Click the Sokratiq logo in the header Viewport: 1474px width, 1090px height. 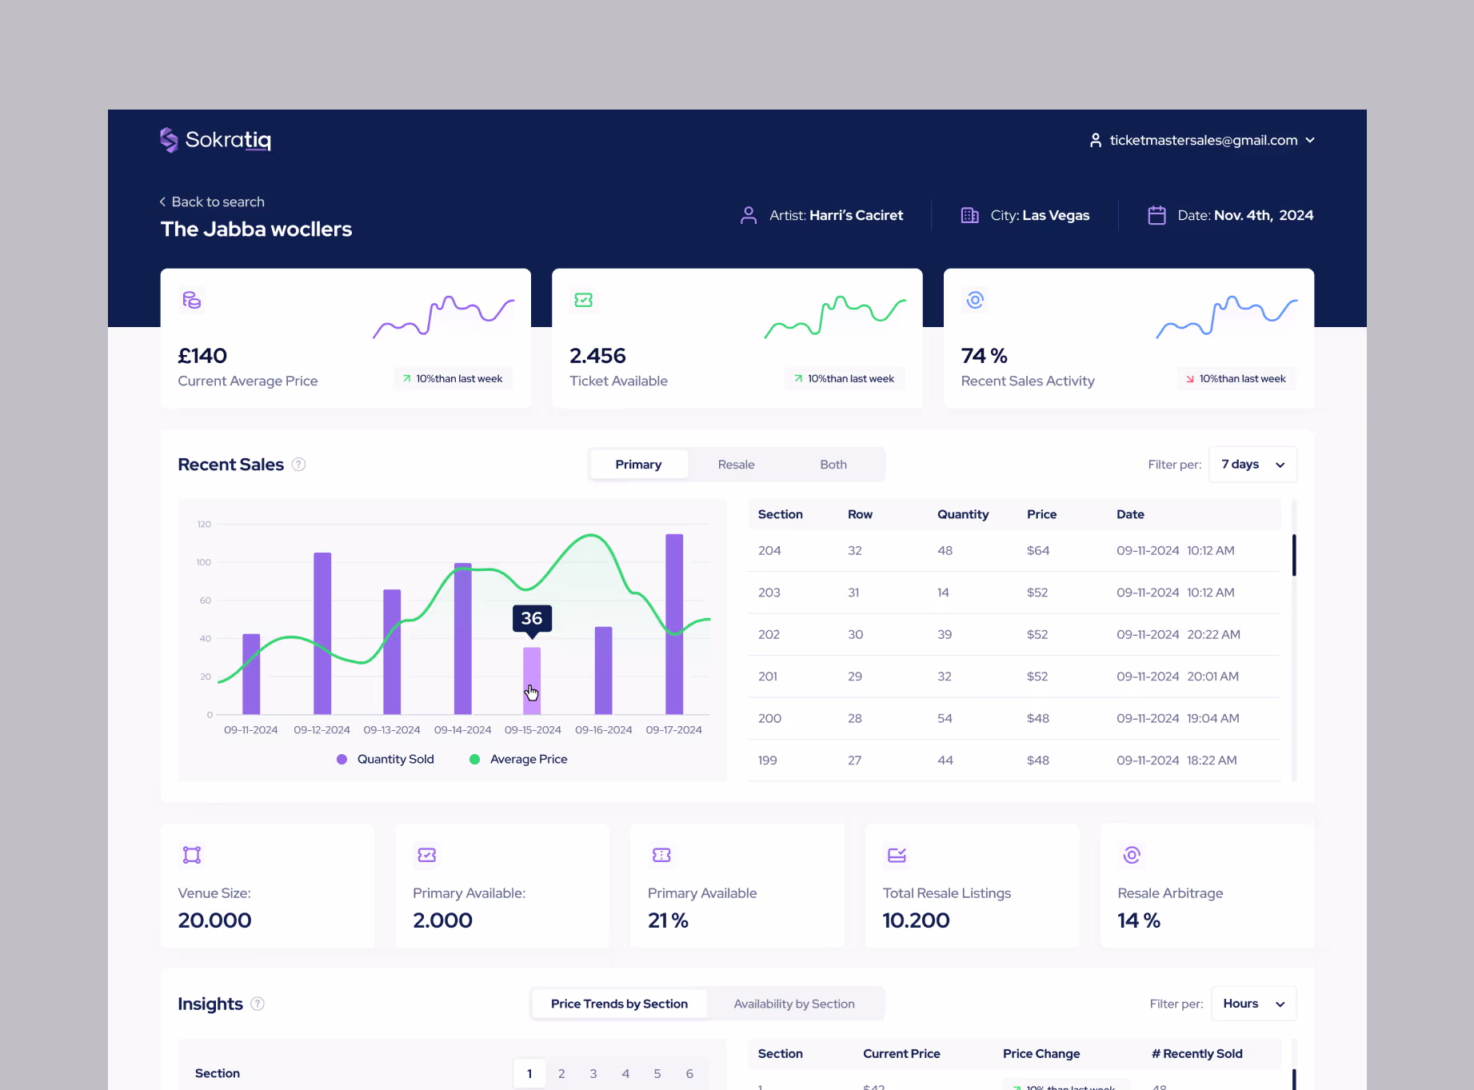(x=215, y=140)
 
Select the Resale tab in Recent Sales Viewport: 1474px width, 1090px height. (x=736, y=465)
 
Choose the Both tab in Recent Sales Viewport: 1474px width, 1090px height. (x=833, y=465)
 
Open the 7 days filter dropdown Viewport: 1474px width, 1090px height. (x=1252, y=465)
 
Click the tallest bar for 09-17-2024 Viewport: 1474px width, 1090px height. (x=674, y=624)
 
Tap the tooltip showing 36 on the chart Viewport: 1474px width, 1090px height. (x=532, y=618)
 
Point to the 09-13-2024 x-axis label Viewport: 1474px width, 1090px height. (x=392, y=730)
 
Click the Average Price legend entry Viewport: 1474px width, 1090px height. (x=528, y=759)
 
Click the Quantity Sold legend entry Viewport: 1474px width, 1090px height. (x=394, y=759)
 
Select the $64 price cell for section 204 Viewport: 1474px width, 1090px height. (x=1037, y=550)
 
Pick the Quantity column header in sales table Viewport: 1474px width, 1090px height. (x=962, y=514)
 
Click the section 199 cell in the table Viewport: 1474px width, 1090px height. (x=767, y=761)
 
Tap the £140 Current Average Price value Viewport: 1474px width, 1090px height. (x=202, y=356)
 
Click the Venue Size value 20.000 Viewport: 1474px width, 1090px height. (x=214, y=920)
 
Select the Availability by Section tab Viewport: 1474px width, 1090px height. (x=793, y=1004)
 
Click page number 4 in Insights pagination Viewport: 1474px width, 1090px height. (x=625, y=1073)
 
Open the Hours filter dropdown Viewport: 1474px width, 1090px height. (x=1252, y=1004)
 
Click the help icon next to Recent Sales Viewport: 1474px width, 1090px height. (x=298, y=465)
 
